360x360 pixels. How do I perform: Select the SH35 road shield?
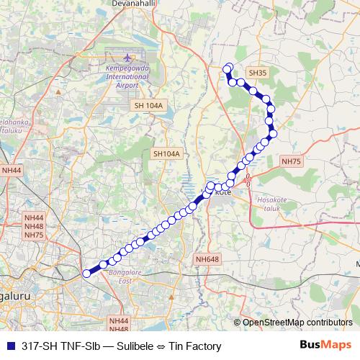coord(257,73)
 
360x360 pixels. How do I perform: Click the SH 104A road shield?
coord(150,106)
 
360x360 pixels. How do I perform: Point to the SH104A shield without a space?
coord(166,154)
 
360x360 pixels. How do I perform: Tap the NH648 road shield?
coord(207,259)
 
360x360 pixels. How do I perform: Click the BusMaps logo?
coord(325,346)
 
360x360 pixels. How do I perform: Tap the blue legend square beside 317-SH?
coord(9,346)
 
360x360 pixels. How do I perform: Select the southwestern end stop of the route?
coord(87,274)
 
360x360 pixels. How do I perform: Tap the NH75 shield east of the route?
coord(292,162)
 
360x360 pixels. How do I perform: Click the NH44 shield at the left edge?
coord(12,171)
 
